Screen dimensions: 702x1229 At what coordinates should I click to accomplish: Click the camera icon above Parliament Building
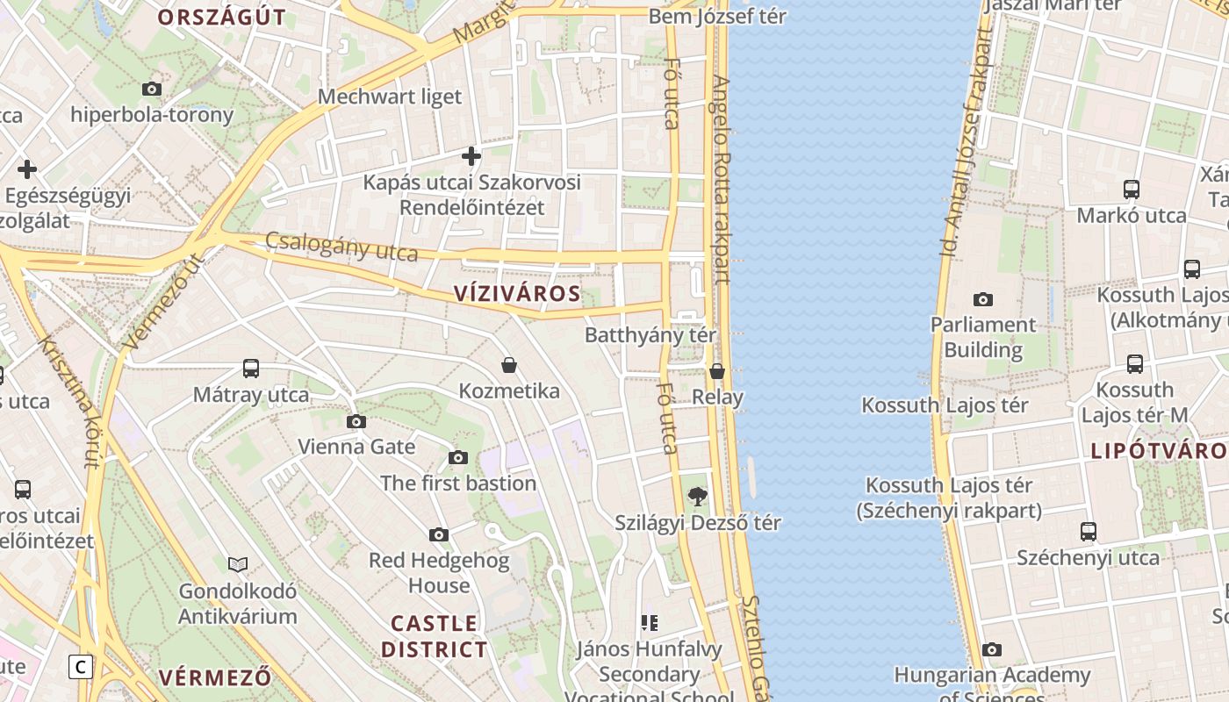click(x=983, y=299)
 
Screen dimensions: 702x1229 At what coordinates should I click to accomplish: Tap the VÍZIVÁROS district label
click(x=517, y=294)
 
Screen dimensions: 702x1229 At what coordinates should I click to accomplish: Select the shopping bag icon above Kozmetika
click(x=509, y=365)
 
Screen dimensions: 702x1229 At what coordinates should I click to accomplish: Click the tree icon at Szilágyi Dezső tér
click(x=698, y=497)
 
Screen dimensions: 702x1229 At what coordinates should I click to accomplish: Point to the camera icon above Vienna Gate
click(x=356, y=421)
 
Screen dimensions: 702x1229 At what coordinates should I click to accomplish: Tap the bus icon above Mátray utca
click(x=251, y=369)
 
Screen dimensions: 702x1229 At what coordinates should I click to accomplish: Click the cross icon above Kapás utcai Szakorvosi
click(x=471, y=156)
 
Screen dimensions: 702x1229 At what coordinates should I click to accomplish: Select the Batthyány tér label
click(x=650, y=335)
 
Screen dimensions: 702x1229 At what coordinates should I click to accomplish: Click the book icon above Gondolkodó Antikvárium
click(x=238, y=564)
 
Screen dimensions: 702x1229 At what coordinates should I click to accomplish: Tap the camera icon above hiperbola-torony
click(x=152, y=89)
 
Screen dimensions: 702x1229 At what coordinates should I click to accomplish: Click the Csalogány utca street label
click(x=341, y=247)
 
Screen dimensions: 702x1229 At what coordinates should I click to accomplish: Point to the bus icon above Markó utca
click(x=1132, y=189)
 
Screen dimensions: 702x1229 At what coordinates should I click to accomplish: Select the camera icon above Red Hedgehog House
click(x=439, y=534)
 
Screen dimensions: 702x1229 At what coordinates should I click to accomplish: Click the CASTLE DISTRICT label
click(x=435, y=636)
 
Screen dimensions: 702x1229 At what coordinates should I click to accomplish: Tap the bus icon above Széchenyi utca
click(x=1089, y=531)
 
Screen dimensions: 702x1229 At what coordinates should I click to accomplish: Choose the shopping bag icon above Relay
click(x=717, y=371)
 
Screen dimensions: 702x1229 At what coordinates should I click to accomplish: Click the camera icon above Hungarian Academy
click(x=992, y=649)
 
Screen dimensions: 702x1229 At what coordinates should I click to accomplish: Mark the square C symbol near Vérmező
click(x=81, y=667)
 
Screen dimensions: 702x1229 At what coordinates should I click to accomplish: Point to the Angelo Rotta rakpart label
click(x=721, y=180)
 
